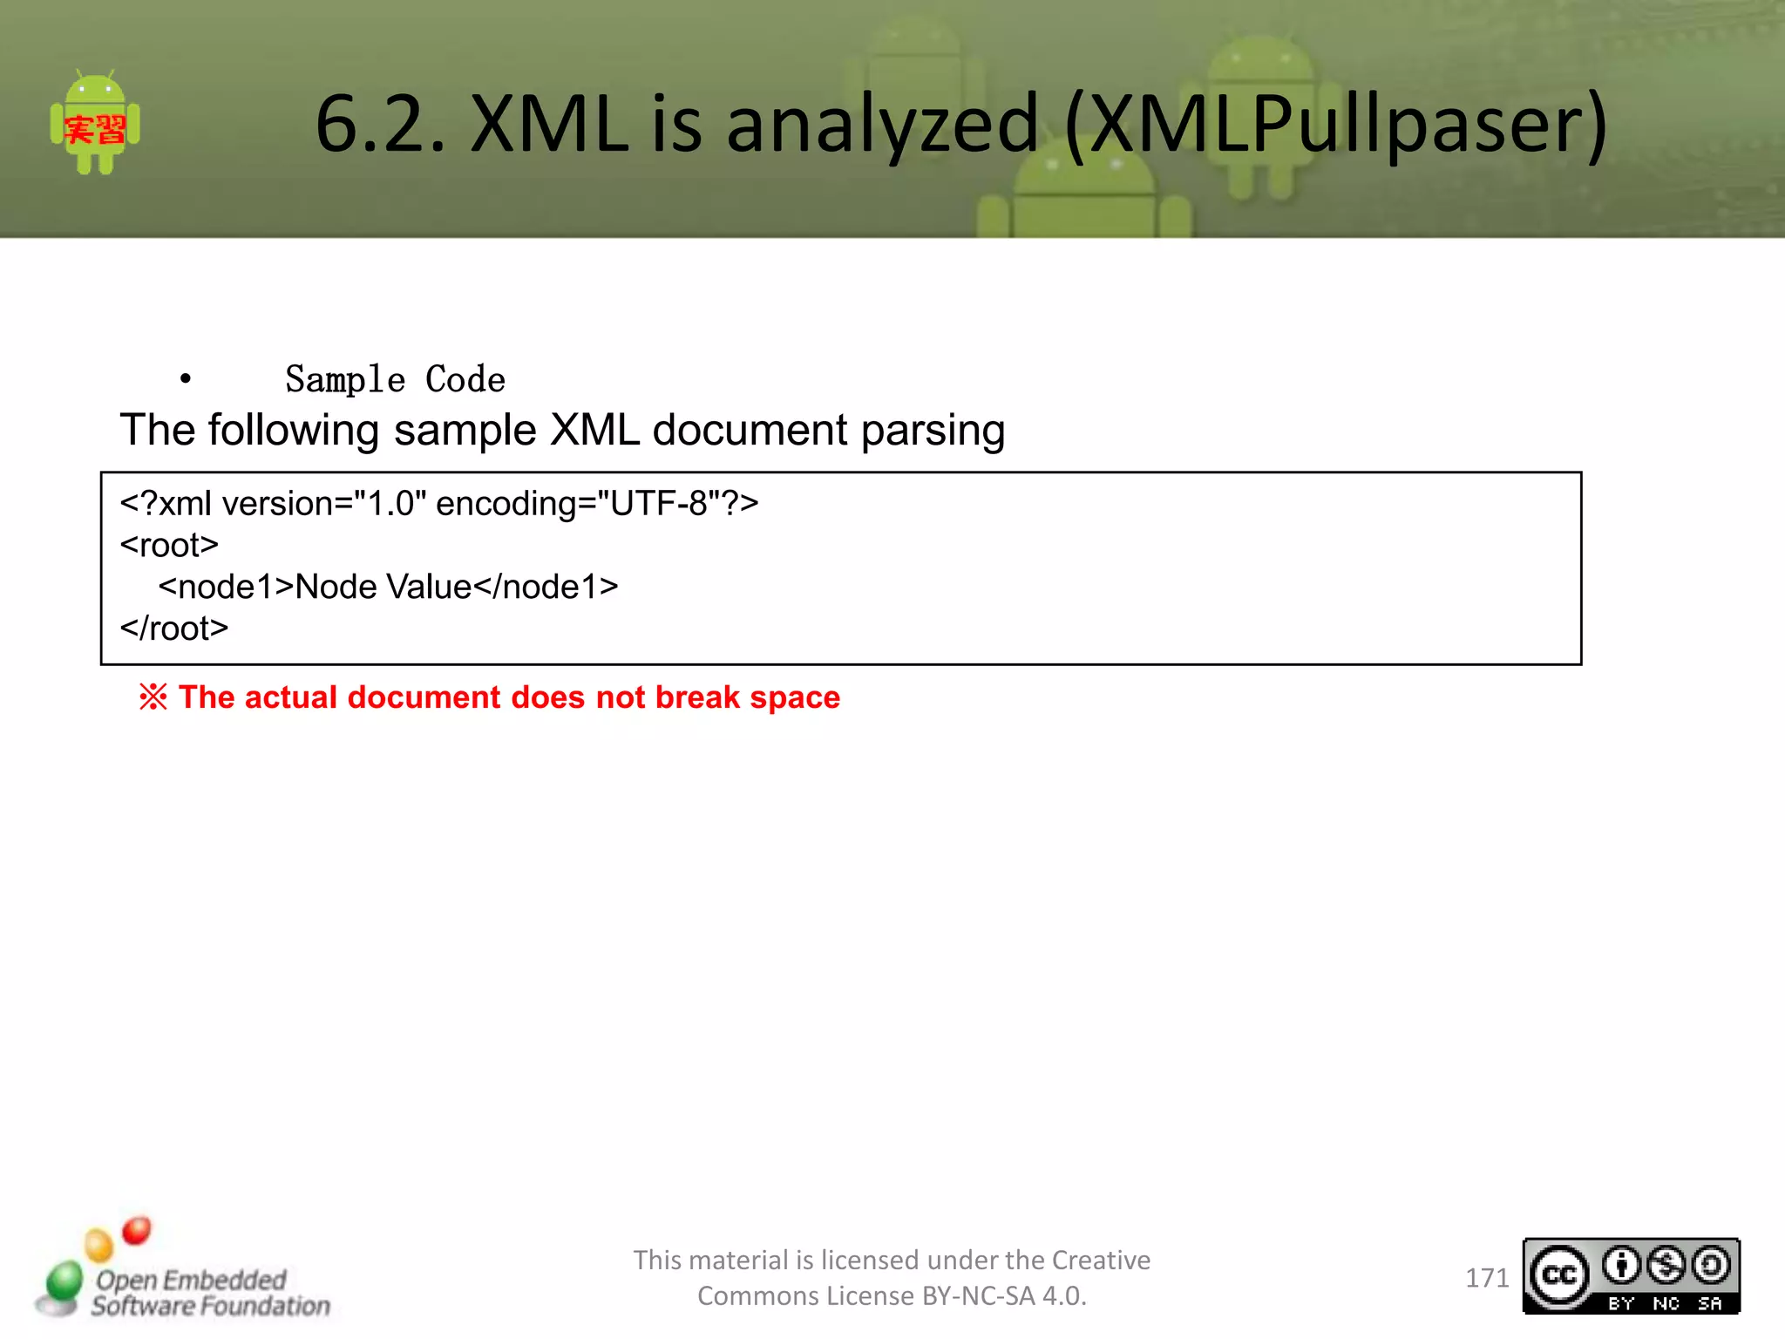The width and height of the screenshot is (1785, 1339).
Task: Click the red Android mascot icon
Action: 95,123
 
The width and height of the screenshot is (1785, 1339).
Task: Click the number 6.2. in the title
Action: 380,125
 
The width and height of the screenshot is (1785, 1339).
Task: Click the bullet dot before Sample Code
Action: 185,379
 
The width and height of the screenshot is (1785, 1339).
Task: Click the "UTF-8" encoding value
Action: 658,504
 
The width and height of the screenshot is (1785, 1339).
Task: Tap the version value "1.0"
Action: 390,504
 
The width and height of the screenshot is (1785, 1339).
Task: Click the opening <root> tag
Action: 169,546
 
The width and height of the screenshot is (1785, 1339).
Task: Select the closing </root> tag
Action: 174,629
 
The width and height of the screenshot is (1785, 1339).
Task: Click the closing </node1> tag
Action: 546,588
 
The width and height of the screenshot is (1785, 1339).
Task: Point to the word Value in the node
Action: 429,588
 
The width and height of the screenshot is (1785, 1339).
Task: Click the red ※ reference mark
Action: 153,697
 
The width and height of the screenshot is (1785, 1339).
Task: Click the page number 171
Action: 1486,1278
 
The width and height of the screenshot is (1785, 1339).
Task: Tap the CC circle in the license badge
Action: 1559,1276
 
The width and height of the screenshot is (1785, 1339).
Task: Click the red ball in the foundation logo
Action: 137,1231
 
